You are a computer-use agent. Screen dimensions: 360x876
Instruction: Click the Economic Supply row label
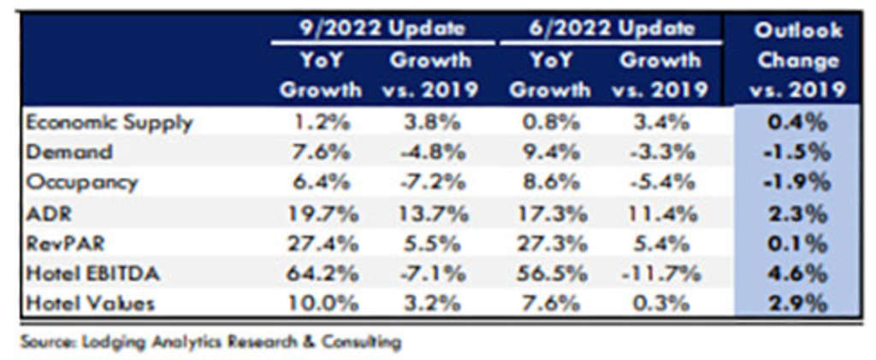point(109,121)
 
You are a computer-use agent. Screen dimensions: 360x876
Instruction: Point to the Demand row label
point(69,152)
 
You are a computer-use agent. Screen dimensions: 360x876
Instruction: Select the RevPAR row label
point(65,243)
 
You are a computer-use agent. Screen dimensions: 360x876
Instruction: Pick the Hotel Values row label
point(90,303)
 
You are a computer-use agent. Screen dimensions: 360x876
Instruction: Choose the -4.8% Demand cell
point(431,152)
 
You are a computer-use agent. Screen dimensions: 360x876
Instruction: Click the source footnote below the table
point(210,342)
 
